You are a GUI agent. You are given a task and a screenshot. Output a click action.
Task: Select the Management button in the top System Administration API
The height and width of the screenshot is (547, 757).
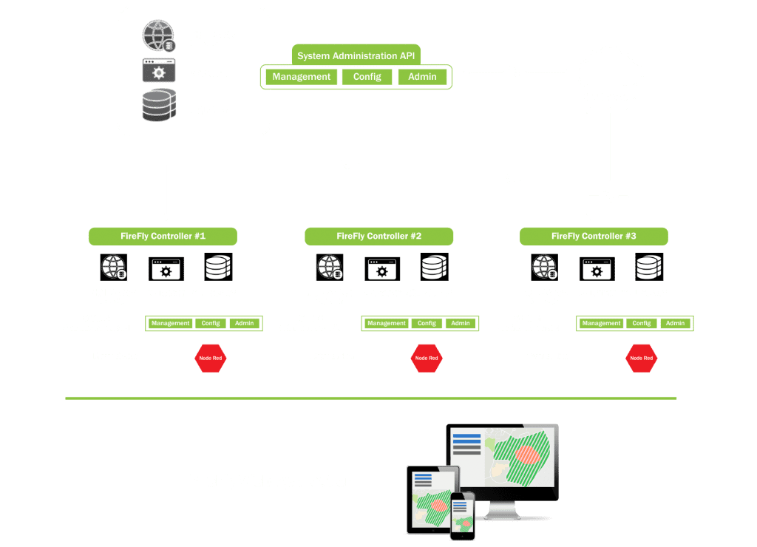[x=301, y=77]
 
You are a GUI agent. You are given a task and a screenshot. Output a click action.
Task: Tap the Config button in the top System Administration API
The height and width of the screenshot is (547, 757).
[x=367, y=77]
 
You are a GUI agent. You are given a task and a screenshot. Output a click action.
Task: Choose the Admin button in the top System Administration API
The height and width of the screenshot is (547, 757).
[x=422, y=77]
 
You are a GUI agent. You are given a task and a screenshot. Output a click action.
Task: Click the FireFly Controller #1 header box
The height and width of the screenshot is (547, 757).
[x=163, y=237]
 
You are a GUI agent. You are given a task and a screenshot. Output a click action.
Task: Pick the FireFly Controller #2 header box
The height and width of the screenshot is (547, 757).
[x=378, y=237]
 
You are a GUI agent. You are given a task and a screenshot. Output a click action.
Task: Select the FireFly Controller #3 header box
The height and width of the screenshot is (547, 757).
[x=594, y=237]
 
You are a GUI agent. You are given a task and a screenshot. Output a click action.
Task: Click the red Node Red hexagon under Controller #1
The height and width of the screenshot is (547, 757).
[x=210, y=359]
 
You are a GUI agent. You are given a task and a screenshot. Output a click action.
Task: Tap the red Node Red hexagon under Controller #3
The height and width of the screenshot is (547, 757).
[x=641, y=359]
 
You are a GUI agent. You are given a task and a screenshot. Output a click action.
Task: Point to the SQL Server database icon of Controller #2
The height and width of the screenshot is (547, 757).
[x=434, y=267]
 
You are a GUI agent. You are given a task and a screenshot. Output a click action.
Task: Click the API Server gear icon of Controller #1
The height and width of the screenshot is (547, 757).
[x=166, y=270]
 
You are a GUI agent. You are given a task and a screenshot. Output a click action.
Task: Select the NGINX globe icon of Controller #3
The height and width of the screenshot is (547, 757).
[x=544, y=267]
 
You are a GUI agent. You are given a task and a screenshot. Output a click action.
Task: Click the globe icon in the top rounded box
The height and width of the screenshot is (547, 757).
[x=159, y=35]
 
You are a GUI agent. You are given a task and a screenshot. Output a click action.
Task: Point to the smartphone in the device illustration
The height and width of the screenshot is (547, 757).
[x=462, y=514]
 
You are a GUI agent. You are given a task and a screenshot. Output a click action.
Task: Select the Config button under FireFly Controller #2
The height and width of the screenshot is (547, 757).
[x=427, y=323]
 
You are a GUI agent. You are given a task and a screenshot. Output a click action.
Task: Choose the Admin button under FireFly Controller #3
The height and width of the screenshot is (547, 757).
[x=675, y=323]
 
